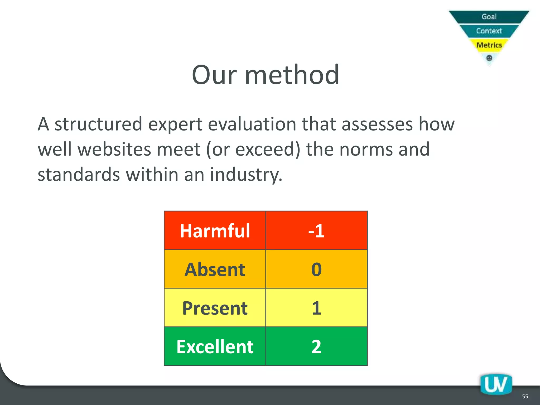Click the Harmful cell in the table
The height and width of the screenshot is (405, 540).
[x=215, y=231]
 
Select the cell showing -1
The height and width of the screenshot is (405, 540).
[x=316, y=231]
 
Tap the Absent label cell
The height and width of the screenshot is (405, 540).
[x=215, y=269]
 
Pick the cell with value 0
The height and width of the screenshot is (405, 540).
[x=316, y=269]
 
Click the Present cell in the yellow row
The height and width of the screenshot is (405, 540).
[x=215, y=308]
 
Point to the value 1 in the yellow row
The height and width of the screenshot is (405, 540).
[x=316, y=308]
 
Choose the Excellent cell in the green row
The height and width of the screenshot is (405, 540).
[x=215, y=346]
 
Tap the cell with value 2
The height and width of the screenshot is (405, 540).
[x=316, y=346]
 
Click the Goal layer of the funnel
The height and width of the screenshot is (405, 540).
[x=489, y=17]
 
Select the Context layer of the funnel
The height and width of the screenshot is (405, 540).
[x=489, y=31]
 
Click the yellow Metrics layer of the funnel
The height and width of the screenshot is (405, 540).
[x=489, y=45]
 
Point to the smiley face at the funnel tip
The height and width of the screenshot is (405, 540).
[x=489, y=58]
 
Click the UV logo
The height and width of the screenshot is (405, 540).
[x=496, y=384]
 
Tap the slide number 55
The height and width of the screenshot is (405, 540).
[x=525, y=397]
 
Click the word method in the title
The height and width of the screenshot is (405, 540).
[x=292, y=75]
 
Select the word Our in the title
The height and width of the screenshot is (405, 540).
[x=214, y=75]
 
